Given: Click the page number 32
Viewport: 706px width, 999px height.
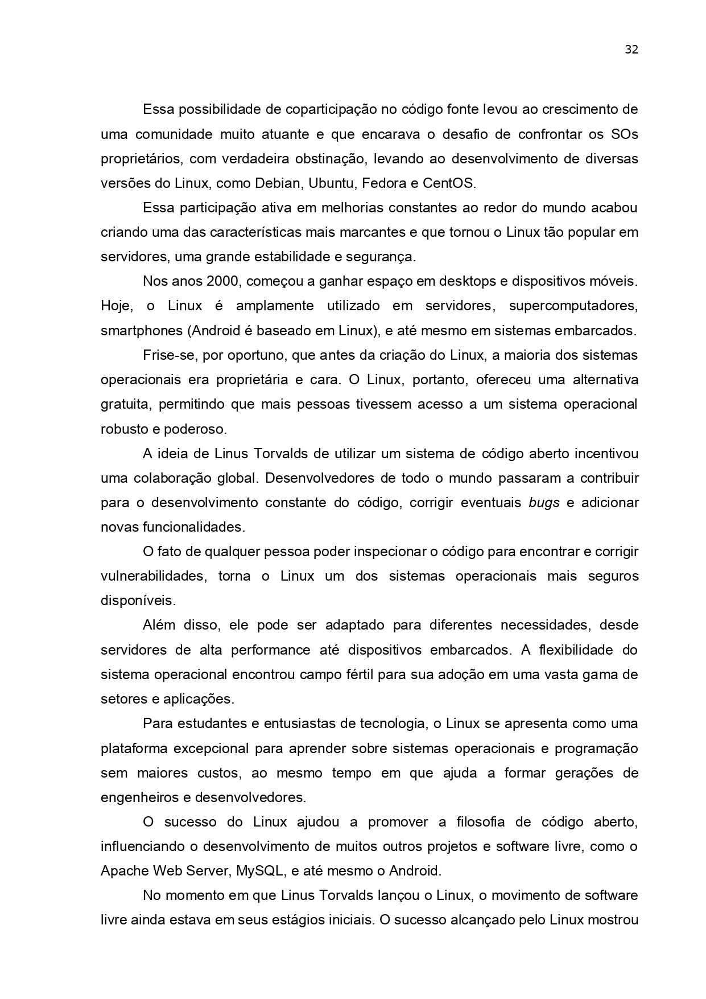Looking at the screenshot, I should (x=631, y=50).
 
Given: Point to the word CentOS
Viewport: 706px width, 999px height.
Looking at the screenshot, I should (x=448, y=183).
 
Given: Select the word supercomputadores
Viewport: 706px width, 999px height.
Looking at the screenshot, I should (x=573, y=306).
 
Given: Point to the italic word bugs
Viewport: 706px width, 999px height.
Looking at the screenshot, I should (x=544, y=503).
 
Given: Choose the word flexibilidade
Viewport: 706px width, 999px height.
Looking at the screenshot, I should (x=573, y=649).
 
